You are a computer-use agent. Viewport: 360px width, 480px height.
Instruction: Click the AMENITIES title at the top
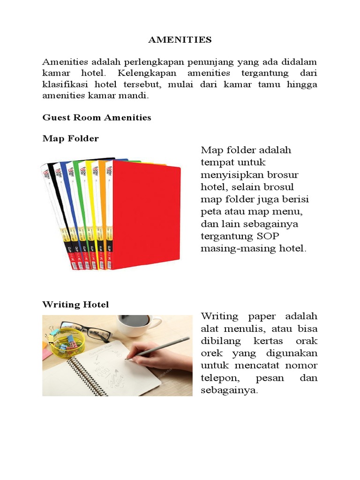click(180, 40)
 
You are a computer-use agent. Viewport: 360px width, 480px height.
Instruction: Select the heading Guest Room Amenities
click(97, 118)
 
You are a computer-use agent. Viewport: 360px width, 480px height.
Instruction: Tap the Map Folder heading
click(70, 139)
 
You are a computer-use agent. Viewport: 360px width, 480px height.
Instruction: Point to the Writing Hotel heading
click(75, 305)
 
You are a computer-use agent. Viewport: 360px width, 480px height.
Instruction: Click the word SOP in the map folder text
click(269, 236)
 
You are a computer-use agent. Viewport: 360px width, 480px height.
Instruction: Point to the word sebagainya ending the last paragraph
click(229, 390)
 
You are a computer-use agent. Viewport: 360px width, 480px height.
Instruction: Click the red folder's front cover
click(146, 216)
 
